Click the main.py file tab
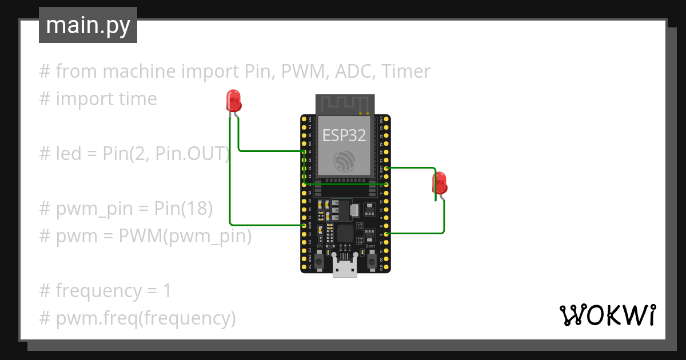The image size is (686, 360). tap(87, 25)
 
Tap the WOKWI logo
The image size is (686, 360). tap(607, 315)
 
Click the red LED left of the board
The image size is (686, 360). tap(233, 101)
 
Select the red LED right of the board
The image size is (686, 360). tap(440, 183)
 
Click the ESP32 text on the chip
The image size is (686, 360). tap(344, 135)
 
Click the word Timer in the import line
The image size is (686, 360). tap(406, 71)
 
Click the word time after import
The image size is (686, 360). tap(134, 99)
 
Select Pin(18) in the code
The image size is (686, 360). tap(184, 209)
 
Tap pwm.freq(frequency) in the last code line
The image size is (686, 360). tap(146, 318)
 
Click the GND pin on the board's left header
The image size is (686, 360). tap(304, 226)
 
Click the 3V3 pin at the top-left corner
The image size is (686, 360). tap(304, 119)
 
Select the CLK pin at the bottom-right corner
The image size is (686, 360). tap(387, 267)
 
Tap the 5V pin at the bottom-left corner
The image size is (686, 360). tap(304, 267)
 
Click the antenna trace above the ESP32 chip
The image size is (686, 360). tap(345, 105)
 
